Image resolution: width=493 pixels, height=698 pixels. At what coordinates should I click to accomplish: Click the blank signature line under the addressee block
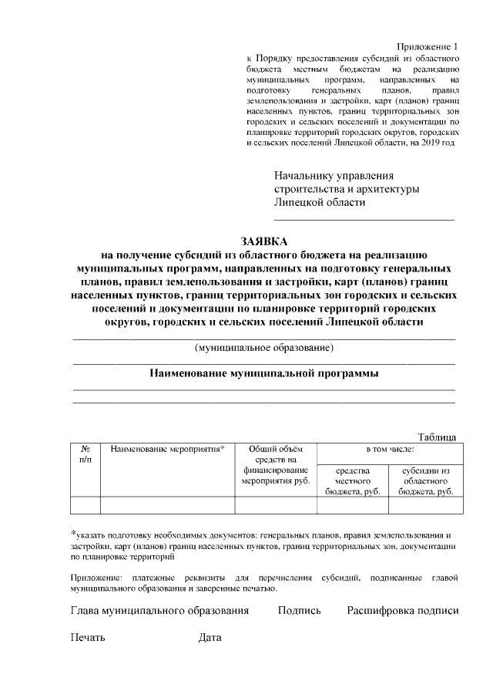[364, 221]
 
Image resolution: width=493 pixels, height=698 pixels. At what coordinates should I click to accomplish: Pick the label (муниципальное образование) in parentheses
[264, 348]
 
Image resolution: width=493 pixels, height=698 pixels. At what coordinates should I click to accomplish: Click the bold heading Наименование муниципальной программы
[263, 373]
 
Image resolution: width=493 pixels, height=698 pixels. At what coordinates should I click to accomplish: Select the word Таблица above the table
[437, 437]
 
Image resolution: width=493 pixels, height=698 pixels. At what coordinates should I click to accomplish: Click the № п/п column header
[86, 454]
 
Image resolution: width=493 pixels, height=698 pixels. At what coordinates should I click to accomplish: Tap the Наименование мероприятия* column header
[167, 449]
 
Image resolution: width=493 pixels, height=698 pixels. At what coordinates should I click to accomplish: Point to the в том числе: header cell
[390, 448]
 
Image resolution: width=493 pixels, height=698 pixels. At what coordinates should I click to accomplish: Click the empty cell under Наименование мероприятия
[167, 505]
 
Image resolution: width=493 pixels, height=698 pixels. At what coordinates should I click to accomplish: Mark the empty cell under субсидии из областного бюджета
[425, 505]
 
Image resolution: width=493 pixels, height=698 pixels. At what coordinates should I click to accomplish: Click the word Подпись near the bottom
[300, 611]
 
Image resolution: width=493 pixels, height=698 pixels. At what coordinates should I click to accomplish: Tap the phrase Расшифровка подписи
[402, 611]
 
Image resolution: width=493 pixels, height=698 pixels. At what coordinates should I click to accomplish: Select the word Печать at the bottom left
[88, 638]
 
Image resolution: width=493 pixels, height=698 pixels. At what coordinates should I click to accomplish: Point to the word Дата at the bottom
[210, 638]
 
